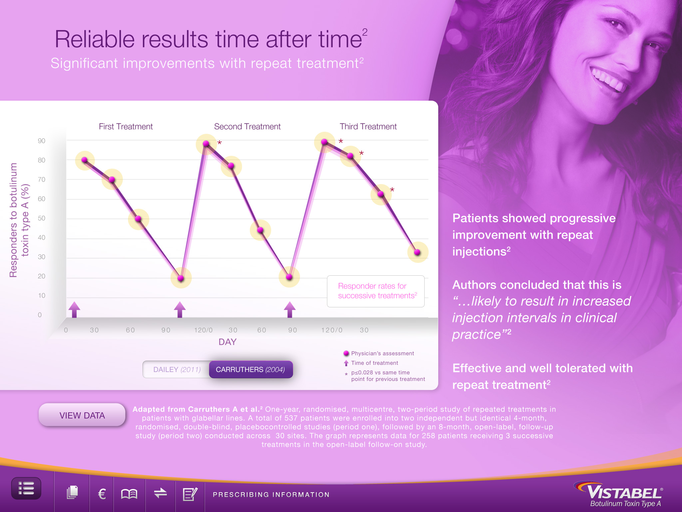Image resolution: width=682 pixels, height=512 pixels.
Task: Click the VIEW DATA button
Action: [82, 415]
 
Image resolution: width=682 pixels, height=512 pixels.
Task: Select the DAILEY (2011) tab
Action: [176, 369]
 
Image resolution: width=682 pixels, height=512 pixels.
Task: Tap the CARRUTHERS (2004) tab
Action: [251, 369]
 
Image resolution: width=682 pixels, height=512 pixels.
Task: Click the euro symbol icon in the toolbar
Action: [102, 494]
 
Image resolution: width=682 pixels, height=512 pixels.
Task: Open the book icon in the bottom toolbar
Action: [129, 494]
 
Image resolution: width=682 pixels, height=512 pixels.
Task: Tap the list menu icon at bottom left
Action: [26, 488]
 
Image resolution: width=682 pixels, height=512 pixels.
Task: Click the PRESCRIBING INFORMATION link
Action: [271, 495]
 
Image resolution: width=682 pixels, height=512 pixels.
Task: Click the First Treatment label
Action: [126, 127]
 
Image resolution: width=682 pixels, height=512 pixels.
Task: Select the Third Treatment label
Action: [368, 127]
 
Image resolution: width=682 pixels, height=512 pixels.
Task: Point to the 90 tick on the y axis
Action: [41, 141]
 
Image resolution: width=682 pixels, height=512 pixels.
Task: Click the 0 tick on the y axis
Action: [40, 315]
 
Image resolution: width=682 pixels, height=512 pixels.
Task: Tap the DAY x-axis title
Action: [227, 342]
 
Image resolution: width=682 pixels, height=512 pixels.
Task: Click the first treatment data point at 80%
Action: [85, 160]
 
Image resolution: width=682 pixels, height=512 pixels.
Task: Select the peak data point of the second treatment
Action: [206, 144]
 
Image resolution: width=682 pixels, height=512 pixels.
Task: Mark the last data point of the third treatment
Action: [417, 252]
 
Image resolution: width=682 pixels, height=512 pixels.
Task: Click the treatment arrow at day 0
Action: [74, 309]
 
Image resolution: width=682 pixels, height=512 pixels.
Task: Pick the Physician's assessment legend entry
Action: [379, 353]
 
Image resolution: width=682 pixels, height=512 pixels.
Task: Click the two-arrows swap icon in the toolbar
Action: [161, 493]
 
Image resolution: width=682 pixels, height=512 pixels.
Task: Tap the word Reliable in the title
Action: [95, 39]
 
